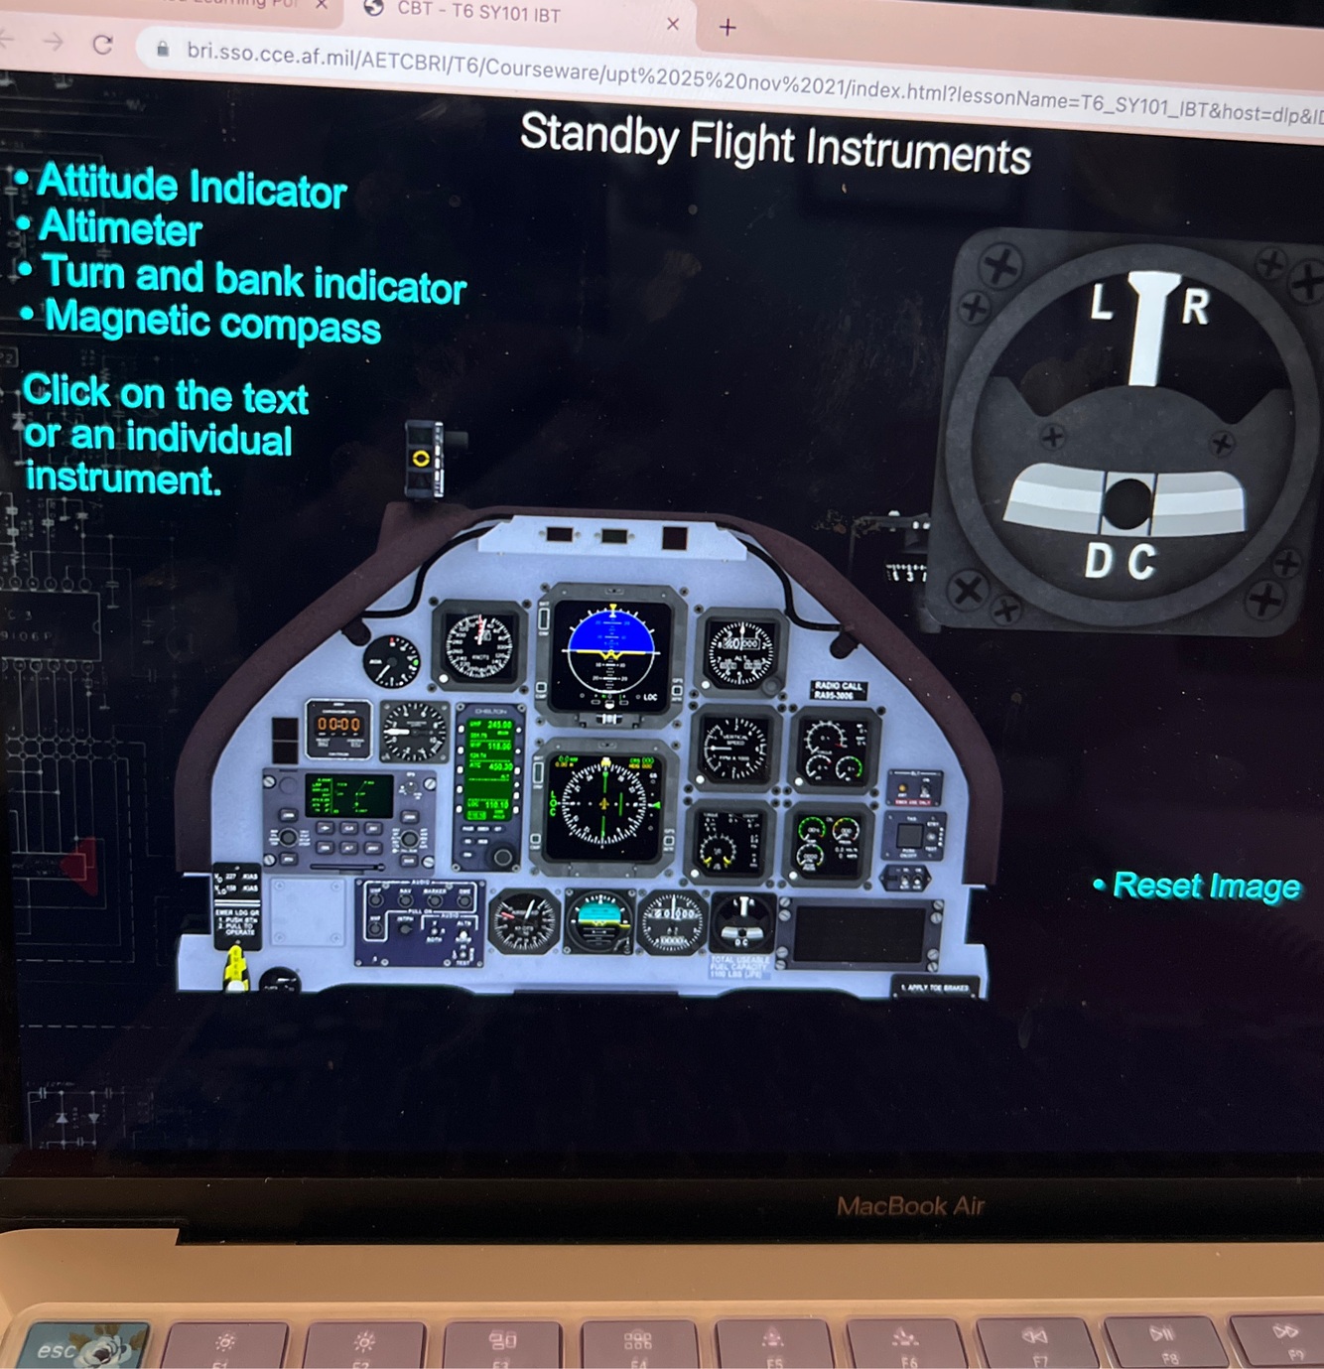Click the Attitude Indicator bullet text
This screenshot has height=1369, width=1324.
(192, 186)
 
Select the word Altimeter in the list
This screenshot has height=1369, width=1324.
(120, 229)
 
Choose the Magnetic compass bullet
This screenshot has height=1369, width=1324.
(212, 322)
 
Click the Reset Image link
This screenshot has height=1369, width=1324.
(1206, 886)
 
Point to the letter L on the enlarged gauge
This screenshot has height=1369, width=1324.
(1101, 303)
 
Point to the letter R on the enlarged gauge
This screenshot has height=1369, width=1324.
(1195, 307)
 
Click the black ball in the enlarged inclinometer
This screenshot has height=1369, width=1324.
(1127, 502)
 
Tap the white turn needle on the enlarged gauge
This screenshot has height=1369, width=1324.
(1150, 328)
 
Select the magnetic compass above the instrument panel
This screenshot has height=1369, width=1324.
(424, 458)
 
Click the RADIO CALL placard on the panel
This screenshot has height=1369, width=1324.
(839, 690)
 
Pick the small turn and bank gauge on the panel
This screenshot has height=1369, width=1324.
(742, 923)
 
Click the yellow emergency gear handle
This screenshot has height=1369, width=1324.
(235, 969)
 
